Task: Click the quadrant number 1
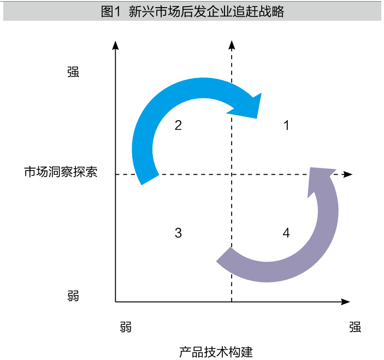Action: point(286,126)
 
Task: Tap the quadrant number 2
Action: point(178,126)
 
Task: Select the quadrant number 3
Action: point(178,233)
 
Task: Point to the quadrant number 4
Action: point(286,233)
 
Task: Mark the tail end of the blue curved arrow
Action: point(150,180)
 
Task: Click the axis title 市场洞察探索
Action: point(61,172)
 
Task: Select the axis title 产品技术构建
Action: point(216,352)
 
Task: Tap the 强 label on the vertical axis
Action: point(73,72)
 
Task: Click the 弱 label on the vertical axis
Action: point(73,296)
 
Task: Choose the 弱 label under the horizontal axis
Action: point(126,327)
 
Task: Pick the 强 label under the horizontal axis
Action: point(355,327)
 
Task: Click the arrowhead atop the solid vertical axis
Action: point(115,45)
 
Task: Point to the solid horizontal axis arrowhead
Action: point(345,302)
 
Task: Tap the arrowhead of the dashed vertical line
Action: point(232,45)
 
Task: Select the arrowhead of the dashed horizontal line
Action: point(348,174)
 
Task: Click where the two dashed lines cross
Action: point(232,174)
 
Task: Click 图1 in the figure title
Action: point(111,11)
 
